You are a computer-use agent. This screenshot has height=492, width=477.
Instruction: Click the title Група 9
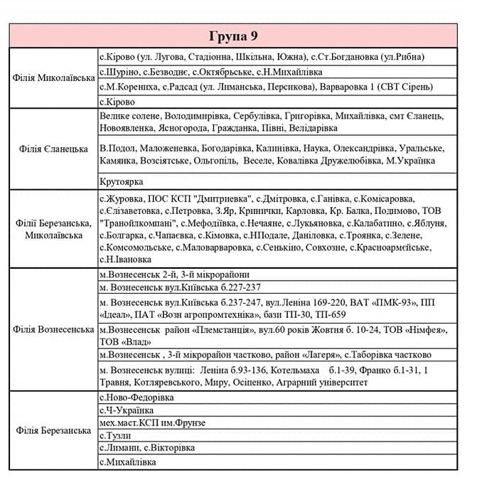pos(238,36)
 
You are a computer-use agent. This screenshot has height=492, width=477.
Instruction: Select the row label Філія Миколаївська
pos(53,77)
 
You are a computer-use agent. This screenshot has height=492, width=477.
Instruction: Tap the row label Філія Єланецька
pos(53,149)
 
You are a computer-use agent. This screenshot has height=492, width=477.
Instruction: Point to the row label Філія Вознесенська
pos(53,329)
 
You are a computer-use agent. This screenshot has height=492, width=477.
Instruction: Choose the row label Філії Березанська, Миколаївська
pos(53,228)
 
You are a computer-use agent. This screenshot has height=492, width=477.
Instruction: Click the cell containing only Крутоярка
pos(122,182)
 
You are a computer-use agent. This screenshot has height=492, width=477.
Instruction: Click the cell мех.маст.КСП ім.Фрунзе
pos(152,423)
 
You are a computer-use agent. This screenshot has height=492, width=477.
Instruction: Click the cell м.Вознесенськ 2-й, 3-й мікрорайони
pos(174,274)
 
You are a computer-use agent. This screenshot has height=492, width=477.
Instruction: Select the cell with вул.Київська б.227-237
pos(181,287)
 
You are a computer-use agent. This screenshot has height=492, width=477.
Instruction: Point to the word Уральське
pos(419,148)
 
